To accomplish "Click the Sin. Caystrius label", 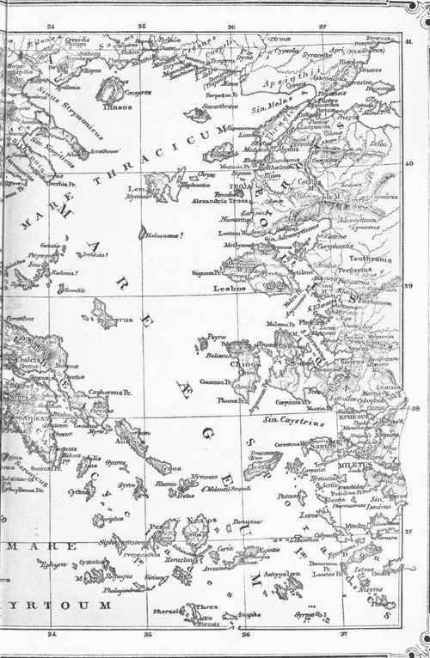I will [285, 419].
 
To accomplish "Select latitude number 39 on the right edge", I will [409, 290].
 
